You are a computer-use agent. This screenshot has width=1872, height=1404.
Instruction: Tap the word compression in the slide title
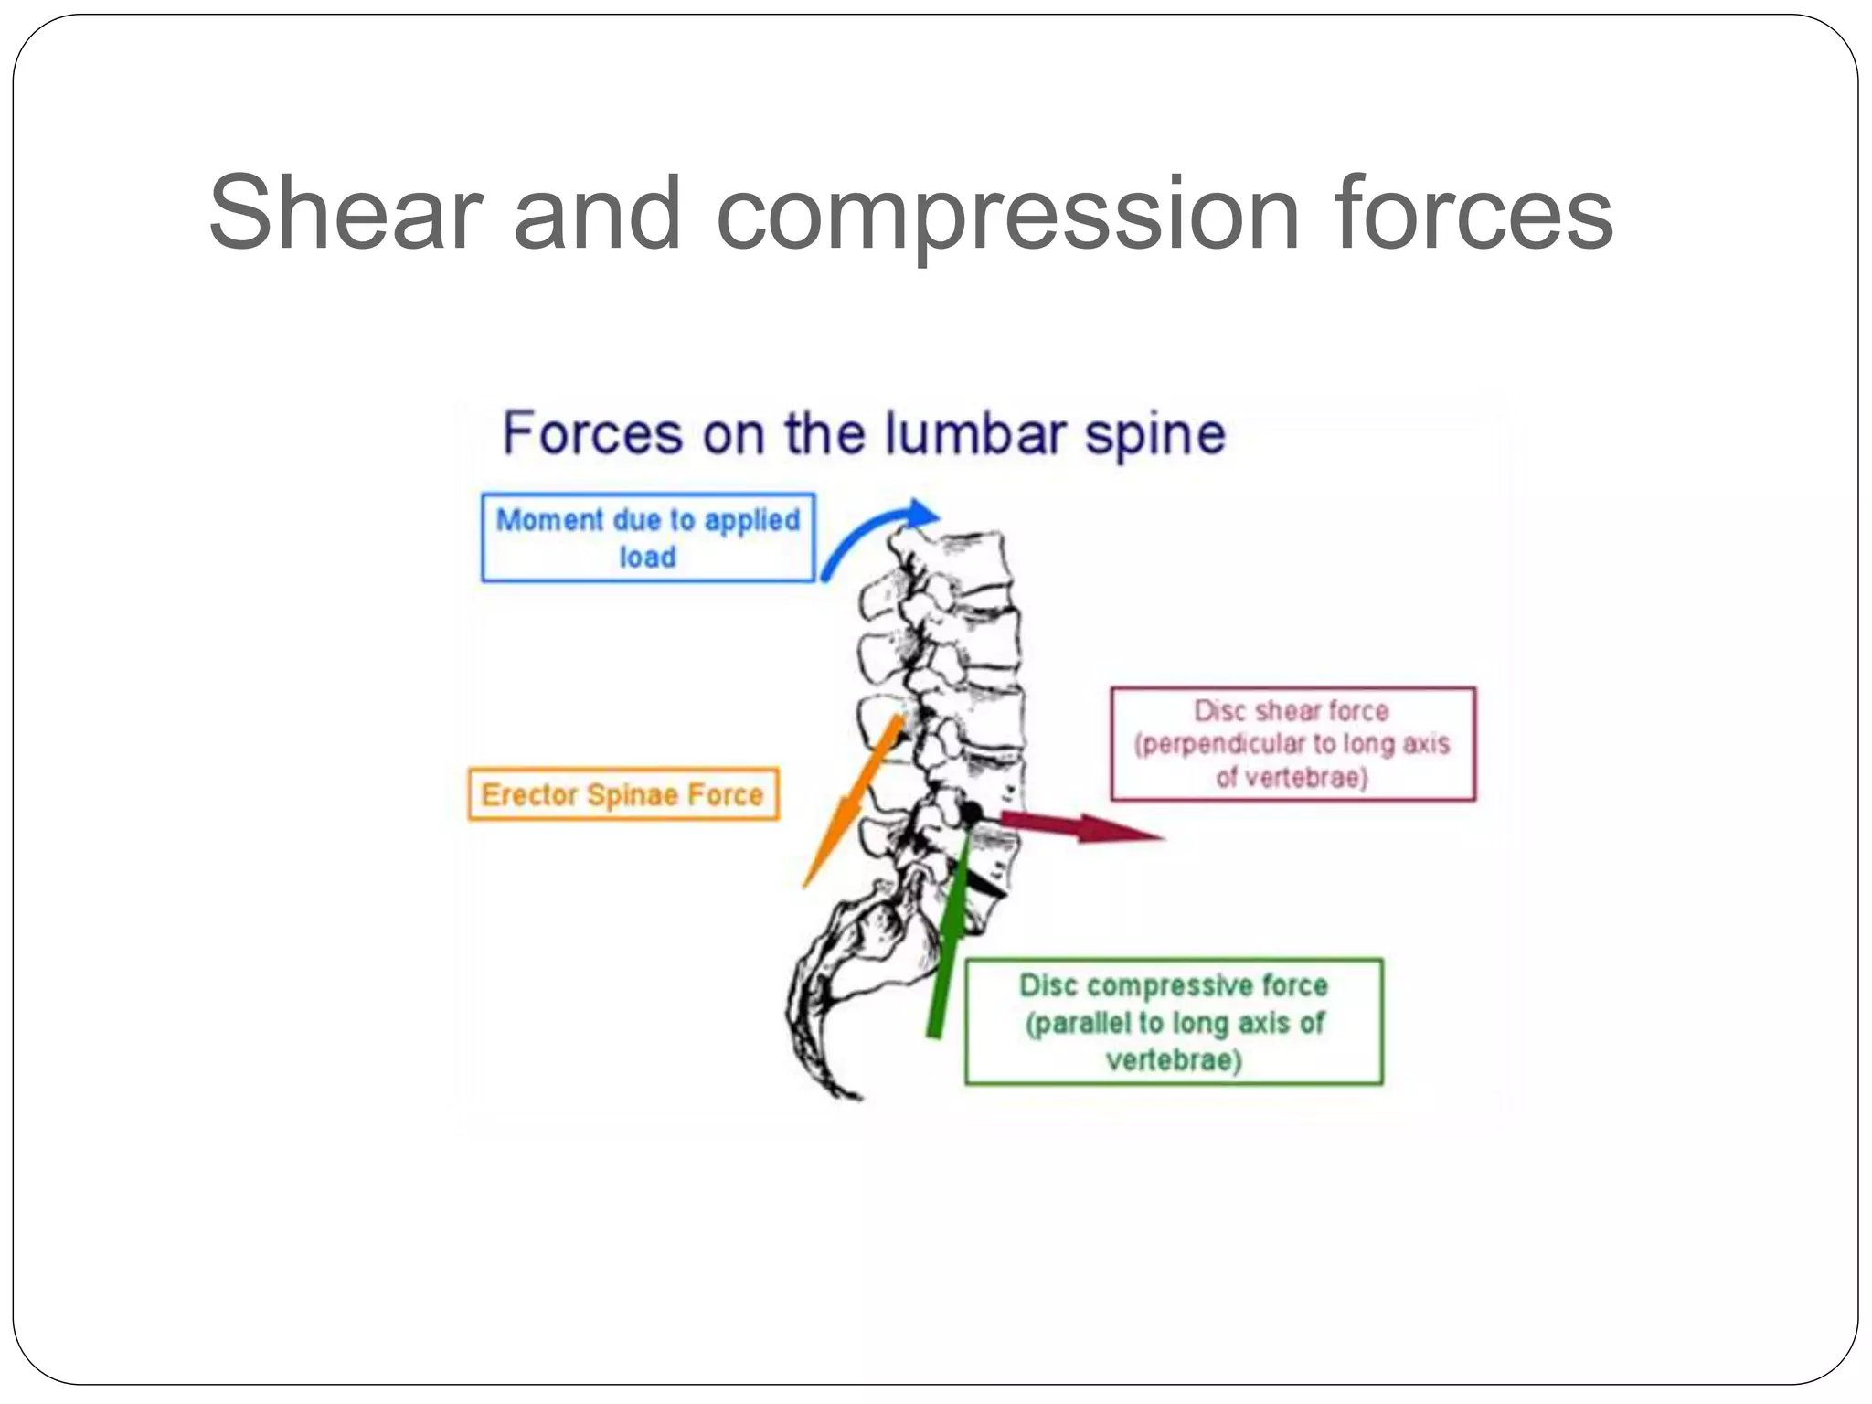coord(1007,214)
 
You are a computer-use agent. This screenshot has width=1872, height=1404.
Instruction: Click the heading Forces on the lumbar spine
coord(863,433)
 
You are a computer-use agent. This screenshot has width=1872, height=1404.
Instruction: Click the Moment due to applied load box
coord(647,537)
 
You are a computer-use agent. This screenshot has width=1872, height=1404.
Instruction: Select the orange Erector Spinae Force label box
coord(623,794)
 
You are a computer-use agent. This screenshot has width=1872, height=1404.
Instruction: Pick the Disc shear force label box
coord(1292,744)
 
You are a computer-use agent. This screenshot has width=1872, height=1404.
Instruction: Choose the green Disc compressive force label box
coord(1174,1022)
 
